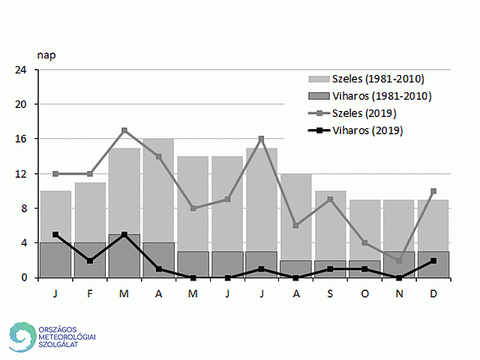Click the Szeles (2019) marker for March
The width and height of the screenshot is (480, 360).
(124, 130)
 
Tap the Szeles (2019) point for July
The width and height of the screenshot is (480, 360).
(262, 139)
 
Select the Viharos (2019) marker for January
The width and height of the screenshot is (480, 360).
(55, 234)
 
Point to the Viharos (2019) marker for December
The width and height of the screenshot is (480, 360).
(433, 260)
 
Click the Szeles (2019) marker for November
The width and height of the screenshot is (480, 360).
(399, 260)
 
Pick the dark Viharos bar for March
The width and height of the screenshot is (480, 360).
(124, 256)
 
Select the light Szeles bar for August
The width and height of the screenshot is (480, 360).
(296, 217)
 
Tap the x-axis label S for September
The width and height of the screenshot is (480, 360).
(330, 293)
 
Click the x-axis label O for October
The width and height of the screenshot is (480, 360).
(364, 293)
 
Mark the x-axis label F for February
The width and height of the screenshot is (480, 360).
(90, 293)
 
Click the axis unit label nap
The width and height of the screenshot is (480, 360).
(46, 55)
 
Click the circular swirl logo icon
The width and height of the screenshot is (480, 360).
(23, 337)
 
